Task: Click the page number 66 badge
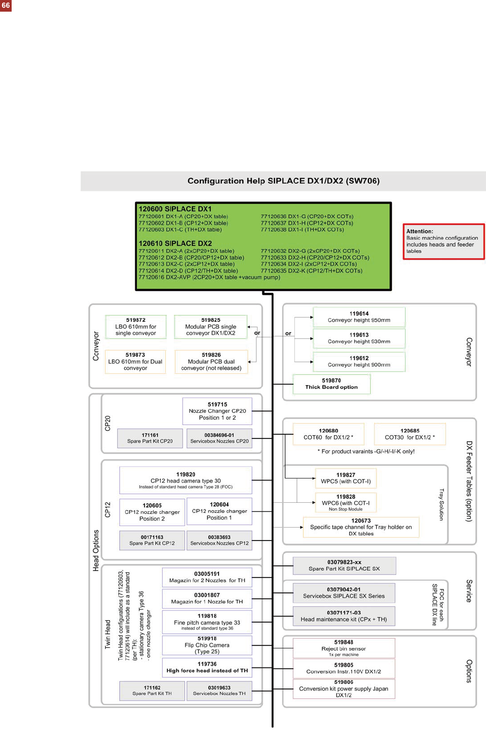coord(6,6)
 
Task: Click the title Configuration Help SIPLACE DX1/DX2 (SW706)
coord(283,181)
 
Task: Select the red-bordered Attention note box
coord(444,242)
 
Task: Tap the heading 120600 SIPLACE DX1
coord(175,209)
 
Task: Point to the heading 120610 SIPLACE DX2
coord(175,243)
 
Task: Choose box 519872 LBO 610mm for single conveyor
coord(136,326)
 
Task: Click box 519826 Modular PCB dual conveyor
coord(211,361)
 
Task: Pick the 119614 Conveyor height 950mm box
coord(359,317)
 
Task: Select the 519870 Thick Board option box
coord(331,384)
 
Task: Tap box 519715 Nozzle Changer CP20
coord(217,411)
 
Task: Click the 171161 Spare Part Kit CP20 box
coord(150,438)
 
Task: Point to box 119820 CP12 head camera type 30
coord(185,480)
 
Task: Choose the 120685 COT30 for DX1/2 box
coord(410,434)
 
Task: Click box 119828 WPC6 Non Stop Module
coord(346,503)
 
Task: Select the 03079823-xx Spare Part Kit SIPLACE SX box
coord(344,565)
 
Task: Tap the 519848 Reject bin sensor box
coord(344,648)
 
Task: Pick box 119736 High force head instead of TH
coord(207,667)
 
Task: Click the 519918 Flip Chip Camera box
coord(207,646)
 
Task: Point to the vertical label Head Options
coord(96,550)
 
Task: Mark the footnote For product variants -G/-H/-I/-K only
coord(366,451)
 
